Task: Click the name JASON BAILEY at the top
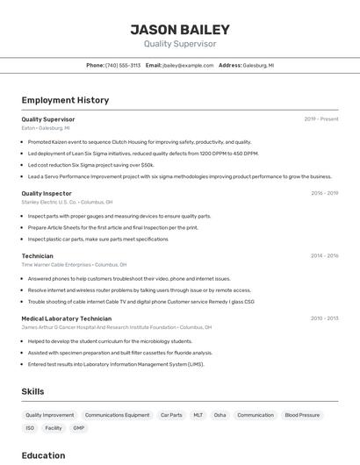click(179, 29)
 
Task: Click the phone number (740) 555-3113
click(123, 65)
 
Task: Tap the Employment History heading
click(65, 100)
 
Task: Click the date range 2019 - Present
click(321, 118)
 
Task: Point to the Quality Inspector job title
click(47, 193)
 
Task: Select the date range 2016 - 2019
click(324, 193)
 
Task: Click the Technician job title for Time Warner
click(38, 256)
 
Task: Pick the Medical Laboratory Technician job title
click(67, 318)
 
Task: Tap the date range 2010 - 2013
click(324, 318)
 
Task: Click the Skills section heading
click(32, 391)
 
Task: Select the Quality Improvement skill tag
click(50, 415)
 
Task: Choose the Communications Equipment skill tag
click(117, 415)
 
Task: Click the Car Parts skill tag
click(171, 415)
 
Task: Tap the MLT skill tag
click(198, 415)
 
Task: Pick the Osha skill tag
click(220, 415)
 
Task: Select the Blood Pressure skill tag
click(302, 415)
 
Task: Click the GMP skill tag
click(79, 428)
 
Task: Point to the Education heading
click(43, 455)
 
